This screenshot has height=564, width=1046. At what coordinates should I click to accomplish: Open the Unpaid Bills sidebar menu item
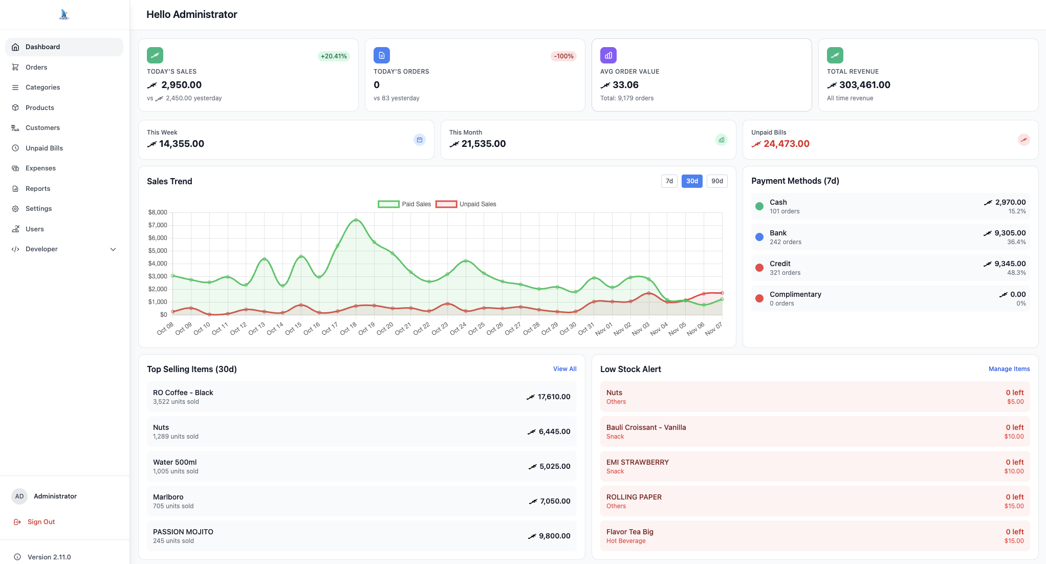pyautogui.click(x=44, y=148)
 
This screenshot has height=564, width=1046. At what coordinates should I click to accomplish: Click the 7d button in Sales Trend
pyautogui.click(x=669, y=181)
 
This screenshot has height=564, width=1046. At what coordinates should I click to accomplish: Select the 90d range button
pyautogui.click(x=716, y=181)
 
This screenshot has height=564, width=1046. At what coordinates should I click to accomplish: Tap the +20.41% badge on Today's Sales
pyautogui.click(x=334, y=56)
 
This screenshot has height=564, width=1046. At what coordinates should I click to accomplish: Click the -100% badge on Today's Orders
pyautogui.click(x=563, y=56)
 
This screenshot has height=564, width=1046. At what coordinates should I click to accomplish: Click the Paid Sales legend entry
pyautogui.click(x=405, y=204)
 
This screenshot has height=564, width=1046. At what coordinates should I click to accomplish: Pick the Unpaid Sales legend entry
pyautogui.click(x=466, y=204)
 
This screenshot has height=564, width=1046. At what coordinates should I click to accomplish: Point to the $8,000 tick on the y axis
pyautogui.click(x=158, y=212)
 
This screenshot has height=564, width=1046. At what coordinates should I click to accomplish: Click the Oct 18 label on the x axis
pyautogui.click(x=348, y=329)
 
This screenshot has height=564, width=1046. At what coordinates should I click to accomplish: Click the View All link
pyautogui.click(x=564, y=369)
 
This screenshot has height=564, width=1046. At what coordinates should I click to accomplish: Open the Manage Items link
pyautogui.click(x=1009, y=369)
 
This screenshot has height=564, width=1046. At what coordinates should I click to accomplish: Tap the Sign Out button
pyautogui.click(x=41, y=522)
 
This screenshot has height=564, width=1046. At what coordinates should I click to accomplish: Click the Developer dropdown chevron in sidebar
pyautogui.click(x=113, y=249)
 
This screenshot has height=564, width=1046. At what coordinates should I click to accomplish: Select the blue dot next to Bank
pyautogui.click(x=759, y=237)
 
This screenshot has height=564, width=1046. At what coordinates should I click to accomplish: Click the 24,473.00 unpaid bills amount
pyautogui.click(x=786, y=144)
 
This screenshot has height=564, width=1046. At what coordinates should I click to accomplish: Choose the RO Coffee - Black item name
pyautogui.click(x=183, y=393)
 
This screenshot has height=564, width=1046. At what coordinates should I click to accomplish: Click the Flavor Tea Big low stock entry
pyautogui.click(x=629, y=532)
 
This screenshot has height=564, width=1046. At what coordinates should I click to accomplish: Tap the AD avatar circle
pyautogui.click(x=19, y=496)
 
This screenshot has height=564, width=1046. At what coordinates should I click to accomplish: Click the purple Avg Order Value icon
pyautogui.click(x=608, y=55)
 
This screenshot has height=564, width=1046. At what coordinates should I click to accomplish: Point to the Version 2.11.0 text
pyautogui.click(x=49, y=557)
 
